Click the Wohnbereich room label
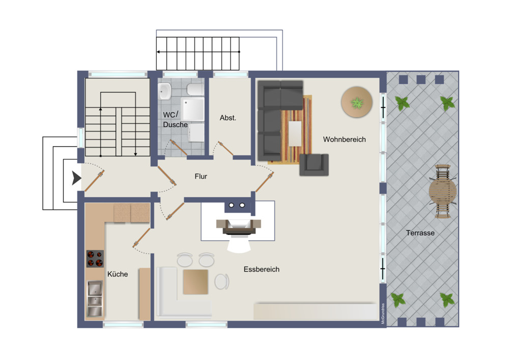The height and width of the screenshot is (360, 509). (344, 139)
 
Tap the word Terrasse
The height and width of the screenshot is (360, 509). (420, 233)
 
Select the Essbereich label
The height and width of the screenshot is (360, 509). (261, 269)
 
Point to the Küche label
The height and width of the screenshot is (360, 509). (118, 274)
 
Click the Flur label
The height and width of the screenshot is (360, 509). (201, 176)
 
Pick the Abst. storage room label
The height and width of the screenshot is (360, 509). (228, 118)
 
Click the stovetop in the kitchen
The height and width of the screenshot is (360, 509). (95, 259)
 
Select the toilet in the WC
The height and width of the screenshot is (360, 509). (195, 89)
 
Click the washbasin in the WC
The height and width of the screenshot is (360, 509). (164, 91)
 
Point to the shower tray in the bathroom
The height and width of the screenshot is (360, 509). (193, 109)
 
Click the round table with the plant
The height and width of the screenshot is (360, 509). (356, 102)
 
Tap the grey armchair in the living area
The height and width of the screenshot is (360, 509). (314, 164)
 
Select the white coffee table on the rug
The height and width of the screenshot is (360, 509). (295, 133)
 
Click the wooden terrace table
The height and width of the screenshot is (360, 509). (442, 191)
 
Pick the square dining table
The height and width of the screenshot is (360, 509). (195, 282)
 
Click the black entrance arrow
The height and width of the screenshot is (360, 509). (76, 178)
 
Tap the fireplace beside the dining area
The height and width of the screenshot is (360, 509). (239, 227)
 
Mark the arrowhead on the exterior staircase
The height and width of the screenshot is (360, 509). (158, 51)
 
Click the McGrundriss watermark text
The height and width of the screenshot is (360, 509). (383, 314)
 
